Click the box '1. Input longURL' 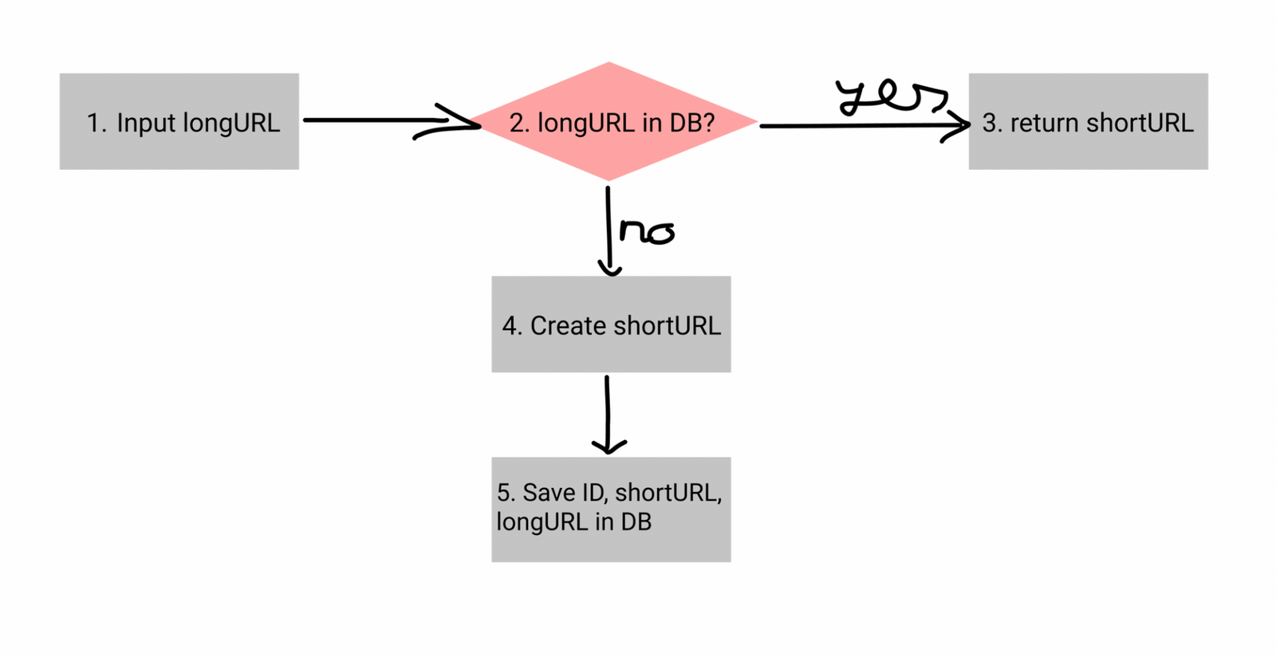tap(179, 121)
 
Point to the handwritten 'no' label tap(647, 231)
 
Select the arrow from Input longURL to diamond tap(383, 120)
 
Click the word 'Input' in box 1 tap(147, 123)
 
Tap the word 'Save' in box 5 tap(549, 493)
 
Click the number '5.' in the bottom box tap(506, 493)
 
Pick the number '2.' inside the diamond tap(519, 123)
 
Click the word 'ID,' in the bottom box tap(595, 493)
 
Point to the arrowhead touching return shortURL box tap(960, 125)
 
